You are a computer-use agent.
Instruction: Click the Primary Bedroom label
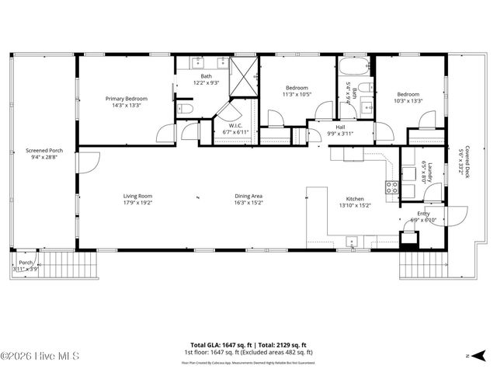coord(127,99)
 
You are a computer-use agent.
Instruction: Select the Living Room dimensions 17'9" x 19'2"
coord(137,203)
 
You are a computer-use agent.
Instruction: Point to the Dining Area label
coord(248,196)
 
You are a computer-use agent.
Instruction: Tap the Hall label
coord(339,127)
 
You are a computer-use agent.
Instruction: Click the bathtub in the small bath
coord(354,68)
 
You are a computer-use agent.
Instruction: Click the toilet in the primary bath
coord(184,109)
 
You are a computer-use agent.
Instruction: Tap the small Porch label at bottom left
coord(26,263)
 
